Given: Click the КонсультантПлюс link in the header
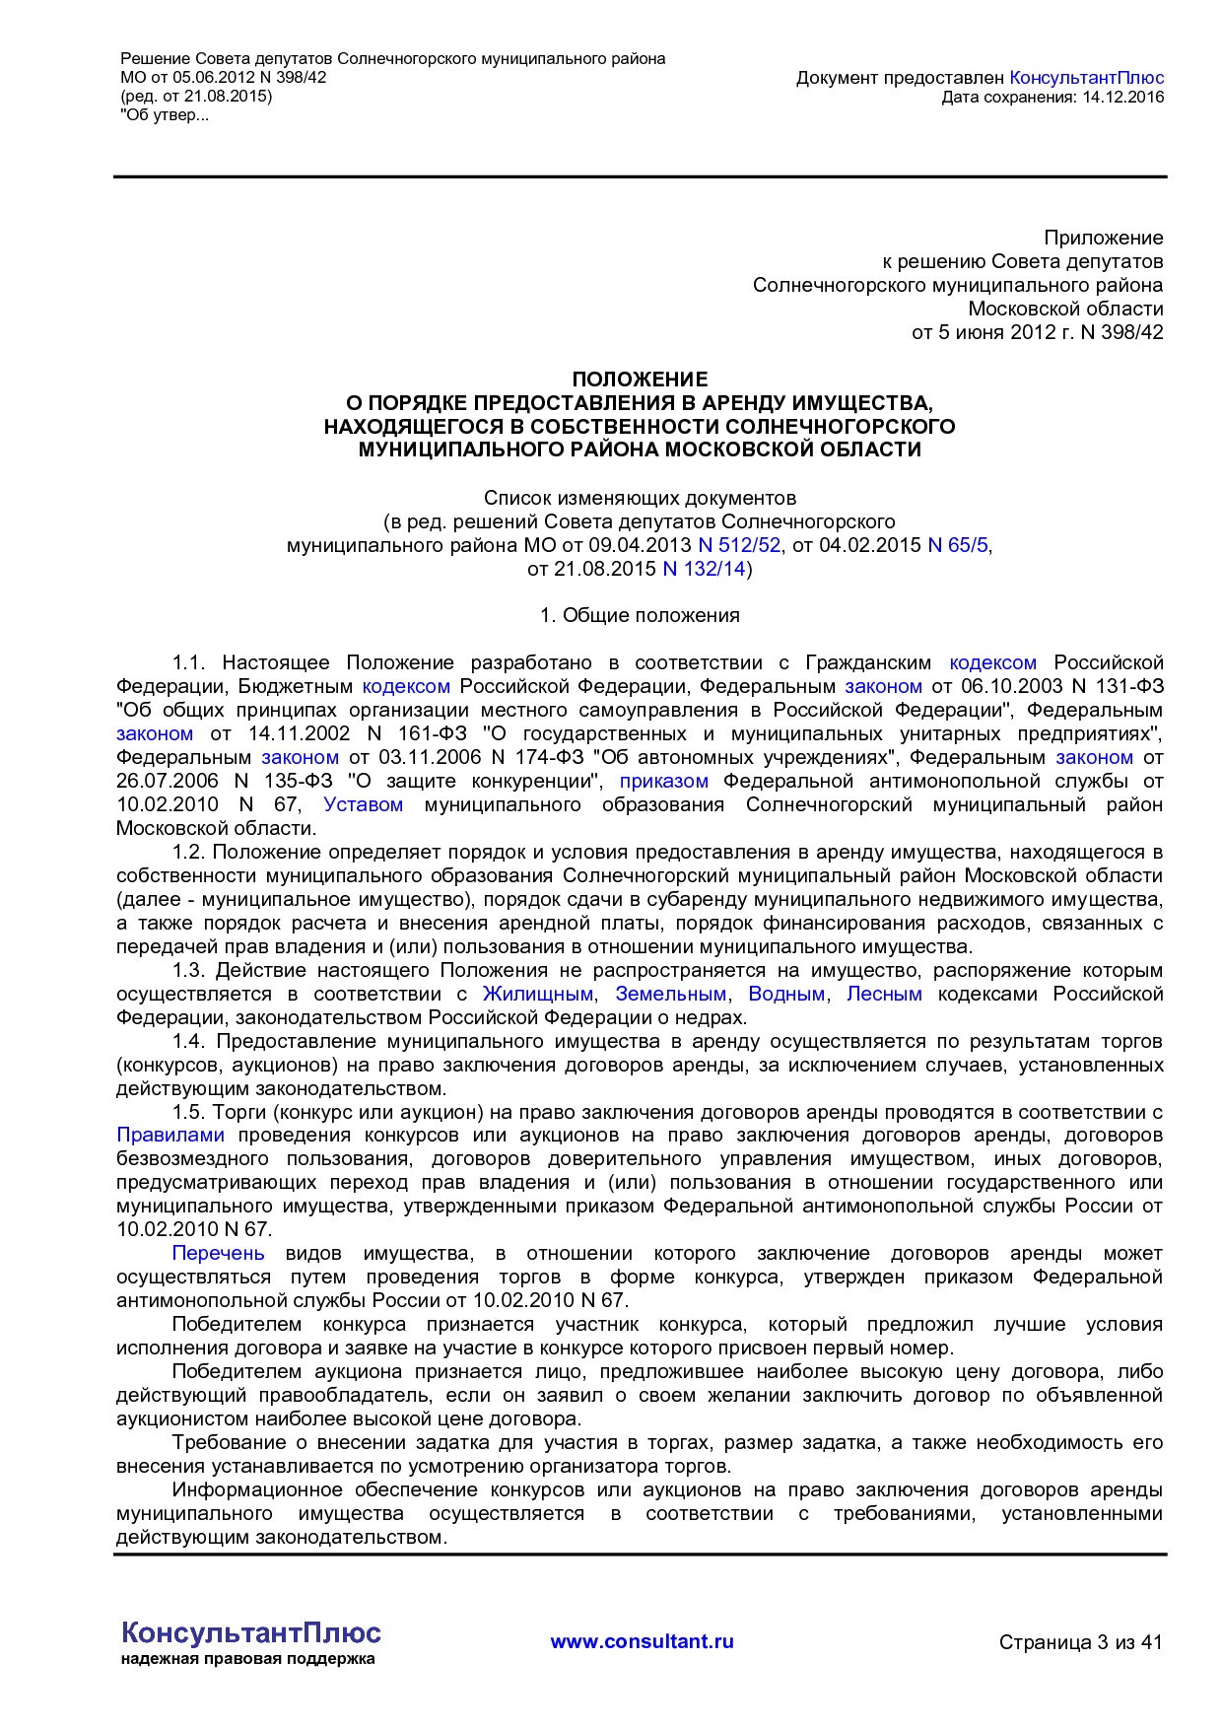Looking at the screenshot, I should (1086, 78).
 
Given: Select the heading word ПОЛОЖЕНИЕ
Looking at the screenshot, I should (640, 380).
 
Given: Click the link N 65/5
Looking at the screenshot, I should (957, 545).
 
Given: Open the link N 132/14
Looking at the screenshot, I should (704, 569).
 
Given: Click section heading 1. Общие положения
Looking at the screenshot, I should (640, 616).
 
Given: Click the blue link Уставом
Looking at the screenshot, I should (363, 805).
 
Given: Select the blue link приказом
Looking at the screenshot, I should (663, 782).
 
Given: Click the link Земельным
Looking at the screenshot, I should (670, 995).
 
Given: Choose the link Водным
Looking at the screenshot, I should (785, 995).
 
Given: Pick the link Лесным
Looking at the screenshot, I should (884, 995).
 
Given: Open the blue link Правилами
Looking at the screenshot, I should (170, 1136).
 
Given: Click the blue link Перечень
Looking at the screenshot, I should (218, 1254).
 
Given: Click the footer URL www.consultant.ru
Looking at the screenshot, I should (642, 1642).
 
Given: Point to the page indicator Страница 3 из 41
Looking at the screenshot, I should (1080, 1642).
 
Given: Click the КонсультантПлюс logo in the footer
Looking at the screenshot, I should (250, 1633).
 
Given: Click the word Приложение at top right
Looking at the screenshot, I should (1103, 238).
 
